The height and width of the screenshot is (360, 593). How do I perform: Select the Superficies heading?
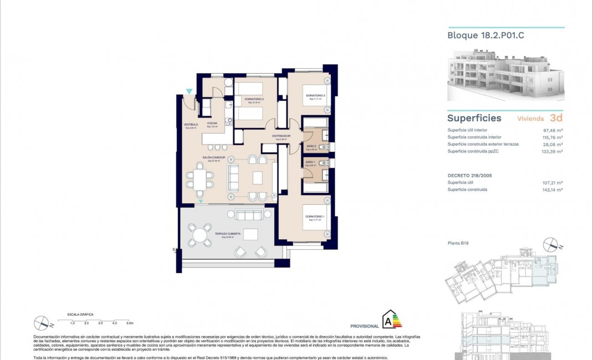pyautogui.click(x=474, y=118)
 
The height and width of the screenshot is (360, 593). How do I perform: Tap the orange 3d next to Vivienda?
pyautogui.click(x=556, y=118)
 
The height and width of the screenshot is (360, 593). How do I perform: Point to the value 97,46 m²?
pyautogui.click(x=553, y=130)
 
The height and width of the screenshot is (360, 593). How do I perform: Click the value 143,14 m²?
pyautogui.click(x=552, y=189)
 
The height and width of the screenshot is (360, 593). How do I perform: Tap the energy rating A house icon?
pyautogui.click(x=391, y=320)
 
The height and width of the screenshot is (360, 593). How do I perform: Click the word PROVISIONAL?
pyautogui.click(x=365, y=326)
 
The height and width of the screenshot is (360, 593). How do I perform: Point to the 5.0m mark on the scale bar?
pyautogui.click(x=130, y=322)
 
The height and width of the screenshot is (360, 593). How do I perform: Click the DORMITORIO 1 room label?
pyautogui.click(x=314, y=215)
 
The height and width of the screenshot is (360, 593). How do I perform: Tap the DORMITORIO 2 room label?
pyautogui.click(x=315, y=96)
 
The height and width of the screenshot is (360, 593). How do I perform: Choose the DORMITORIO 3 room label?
pyautogui.click(x=254, y=99)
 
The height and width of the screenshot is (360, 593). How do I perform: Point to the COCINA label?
pyautogui.click(x=212, y=123)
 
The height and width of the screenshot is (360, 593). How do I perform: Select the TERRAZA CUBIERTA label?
pyautogui.click(x=227, y=234)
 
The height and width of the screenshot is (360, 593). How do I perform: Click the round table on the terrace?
pyautogui.click(x=200, y=235)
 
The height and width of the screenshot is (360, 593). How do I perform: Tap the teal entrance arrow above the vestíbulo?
pyautogui.click(x=190, y=91)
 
